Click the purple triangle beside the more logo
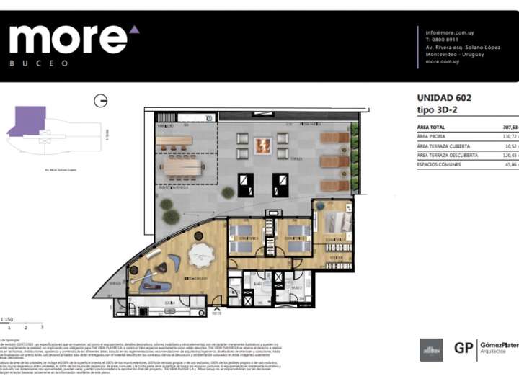134,30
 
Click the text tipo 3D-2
437,110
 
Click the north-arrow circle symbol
101,101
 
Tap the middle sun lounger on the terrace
334,161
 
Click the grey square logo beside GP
431,349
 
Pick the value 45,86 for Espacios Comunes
511,165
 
